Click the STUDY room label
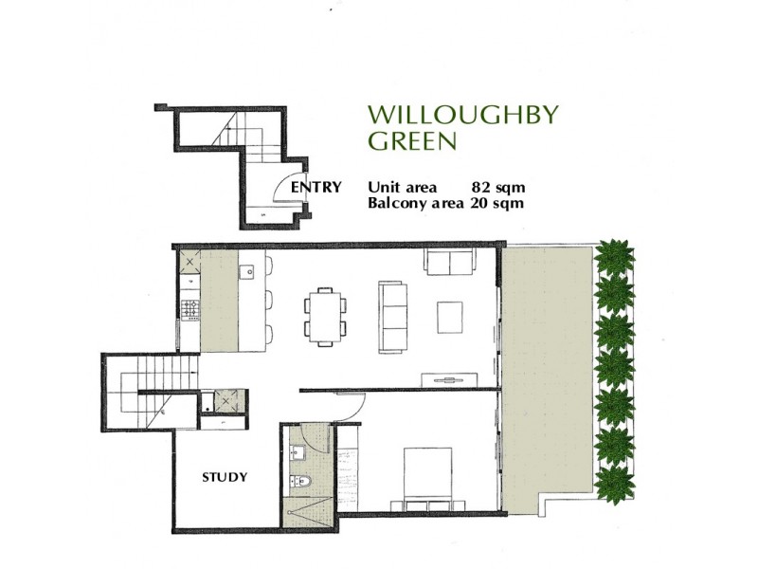(226, 477)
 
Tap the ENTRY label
(316, 187)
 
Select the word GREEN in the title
(412, 142)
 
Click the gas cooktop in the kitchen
(189, 307)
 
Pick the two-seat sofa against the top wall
(451, 262)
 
